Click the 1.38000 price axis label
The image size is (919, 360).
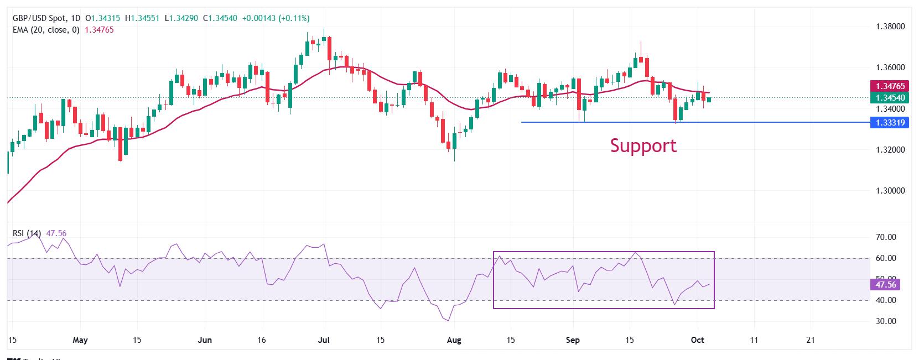pyautogui.click(x=890, y=26)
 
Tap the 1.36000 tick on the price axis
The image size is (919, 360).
pyautogui.click(x=890, y=67)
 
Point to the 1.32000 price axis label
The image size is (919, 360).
pyautogui.click(x=890, y=150)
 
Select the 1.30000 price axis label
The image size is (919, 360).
pyautogui.click(x=890, y=191)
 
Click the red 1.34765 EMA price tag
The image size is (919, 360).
pyautogui.click(x=890, y=86)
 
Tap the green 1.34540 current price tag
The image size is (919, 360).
pyautogui.click(x=890, y=98)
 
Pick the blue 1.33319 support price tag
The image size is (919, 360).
pyautogui.click(x=890, y=122)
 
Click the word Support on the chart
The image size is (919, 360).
pyautogui.click(x=643, y=145)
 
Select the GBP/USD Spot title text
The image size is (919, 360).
pyautogui.click(x=40, y=18)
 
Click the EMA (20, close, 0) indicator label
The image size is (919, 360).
pyautogui.click(x=46, y=30)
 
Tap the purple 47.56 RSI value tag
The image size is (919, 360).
pyautogui.click(x=886, y=285)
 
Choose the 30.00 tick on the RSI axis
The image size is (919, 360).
pyautogui.click(x=886, y=321)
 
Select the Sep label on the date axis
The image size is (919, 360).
pyautogui.click(x=573, y=340)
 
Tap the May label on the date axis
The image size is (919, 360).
pyautogui.click(x=81, y=340)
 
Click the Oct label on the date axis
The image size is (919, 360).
pyautogui.click(x=697, y=340)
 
